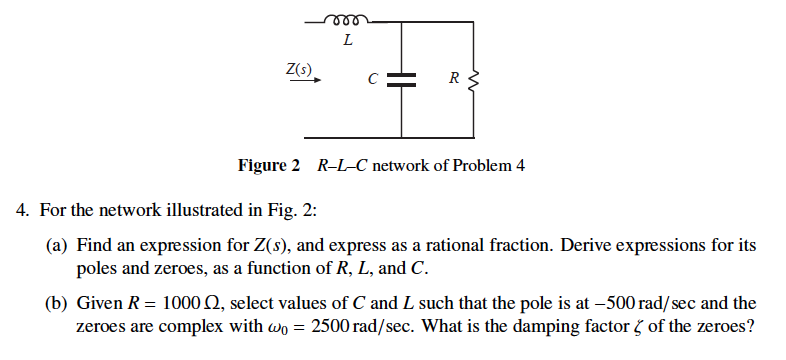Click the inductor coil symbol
[346, 18]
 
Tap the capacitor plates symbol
[402, 81]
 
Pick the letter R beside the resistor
[453, 78]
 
